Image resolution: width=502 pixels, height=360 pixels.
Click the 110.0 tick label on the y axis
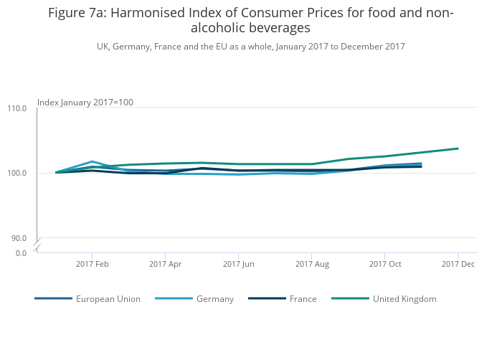coord(17,108)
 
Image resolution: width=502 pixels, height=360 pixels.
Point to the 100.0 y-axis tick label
coord(17,173)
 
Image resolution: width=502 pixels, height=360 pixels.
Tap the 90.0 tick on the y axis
coord(19,238)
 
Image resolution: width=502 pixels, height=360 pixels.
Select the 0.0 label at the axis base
coord(21,252)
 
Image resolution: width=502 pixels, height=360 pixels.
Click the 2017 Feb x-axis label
coord(92,264)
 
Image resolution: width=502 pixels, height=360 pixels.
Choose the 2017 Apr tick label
coord(165,264)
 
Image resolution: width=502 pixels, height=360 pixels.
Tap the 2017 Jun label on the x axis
coord(239,264)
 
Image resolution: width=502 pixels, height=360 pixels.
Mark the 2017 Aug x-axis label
coord(312,264)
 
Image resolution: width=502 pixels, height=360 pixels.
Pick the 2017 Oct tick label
coord(385,264)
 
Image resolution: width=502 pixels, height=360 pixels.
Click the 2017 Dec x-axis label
coord(458,264)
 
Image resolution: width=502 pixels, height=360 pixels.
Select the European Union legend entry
coord(108,299)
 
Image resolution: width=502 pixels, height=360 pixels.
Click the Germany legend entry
coord(215,299)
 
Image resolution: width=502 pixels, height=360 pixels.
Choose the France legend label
coord(303,299)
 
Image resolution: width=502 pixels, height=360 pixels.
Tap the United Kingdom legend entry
coord(404,299)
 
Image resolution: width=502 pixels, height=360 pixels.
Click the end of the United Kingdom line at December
coord(458,148)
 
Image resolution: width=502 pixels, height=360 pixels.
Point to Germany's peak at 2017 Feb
coord(93,161)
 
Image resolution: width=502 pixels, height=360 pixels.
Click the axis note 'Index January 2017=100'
coord(85,103)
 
